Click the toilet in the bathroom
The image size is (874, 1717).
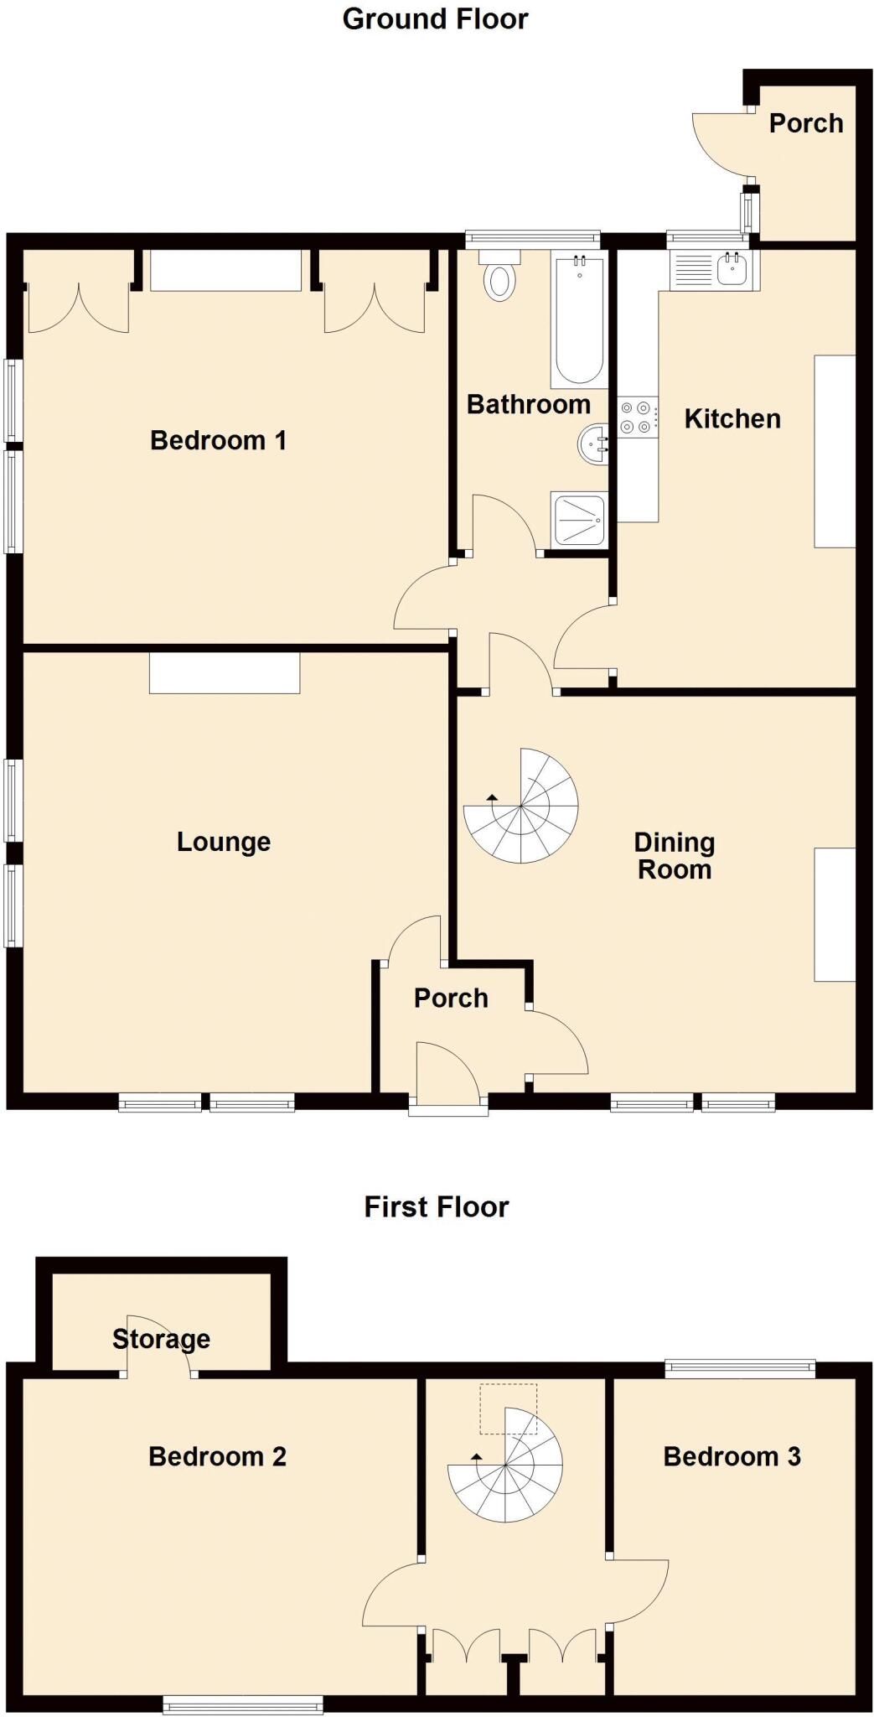(x=500, y=278)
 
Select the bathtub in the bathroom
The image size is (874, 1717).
(x=579, y=320)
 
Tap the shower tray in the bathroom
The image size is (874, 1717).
(x=579, y=520)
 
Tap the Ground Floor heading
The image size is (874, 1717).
(x=435, y=18)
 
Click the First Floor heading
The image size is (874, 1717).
(x=436, y=1206)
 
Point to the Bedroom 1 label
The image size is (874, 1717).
(x=218, y=440)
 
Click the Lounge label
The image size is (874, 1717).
(x=224, y=842)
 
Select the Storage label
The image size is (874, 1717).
(x=161, y=1339)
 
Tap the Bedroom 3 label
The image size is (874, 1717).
(x=732, y=1456)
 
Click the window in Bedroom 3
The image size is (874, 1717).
(x=740, y=1368)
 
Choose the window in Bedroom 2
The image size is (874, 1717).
(x=243, y=1704)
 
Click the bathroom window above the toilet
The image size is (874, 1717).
(x=533, y=240)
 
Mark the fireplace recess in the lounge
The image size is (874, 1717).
(x=225, y=674)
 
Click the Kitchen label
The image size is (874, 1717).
(x=732, y=418)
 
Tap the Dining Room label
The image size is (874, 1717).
(x=675, y=855)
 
